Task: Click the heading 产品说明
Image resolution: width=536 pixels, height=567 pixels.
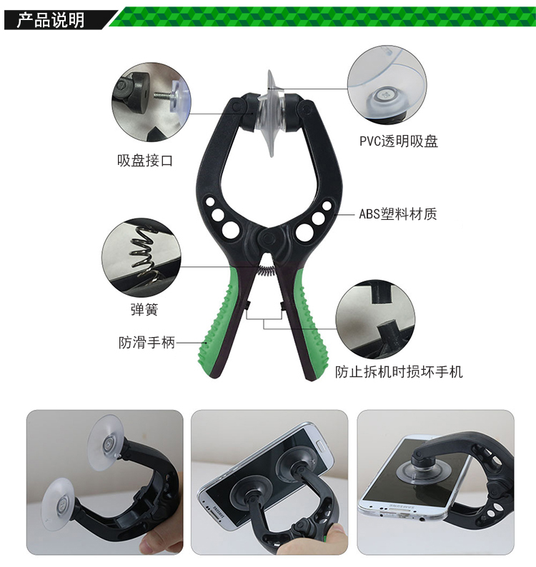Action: [51, 19]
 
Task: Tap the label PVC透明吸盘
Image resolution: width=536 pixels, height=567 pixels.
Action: [399, 141]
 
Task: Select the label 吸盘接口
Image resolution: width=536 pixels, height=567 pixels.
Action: [145, 161]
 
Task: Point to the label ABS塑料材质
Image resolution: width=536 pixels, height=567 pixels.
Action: [398, 214]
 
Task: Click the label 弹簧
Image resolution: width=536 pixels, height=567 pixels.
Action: [144, 309]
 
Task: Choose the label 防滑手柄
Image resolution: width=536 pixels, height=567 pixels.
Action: [147, 343]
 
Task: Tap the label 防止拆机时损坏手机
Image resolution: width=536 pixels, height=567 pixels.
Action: [399, 372]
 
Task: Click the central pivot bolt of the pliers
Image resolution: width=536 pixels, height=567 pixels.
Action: [268, 239]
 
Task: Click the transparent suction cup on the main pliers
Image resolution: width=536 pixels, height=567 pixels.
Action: [272, 114]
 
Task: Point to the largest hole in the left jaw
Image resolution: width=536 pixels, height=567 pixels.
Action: [231, 230]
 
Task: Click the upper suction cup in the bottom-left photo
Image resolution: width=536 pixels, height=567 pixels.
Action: [106, 443]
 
